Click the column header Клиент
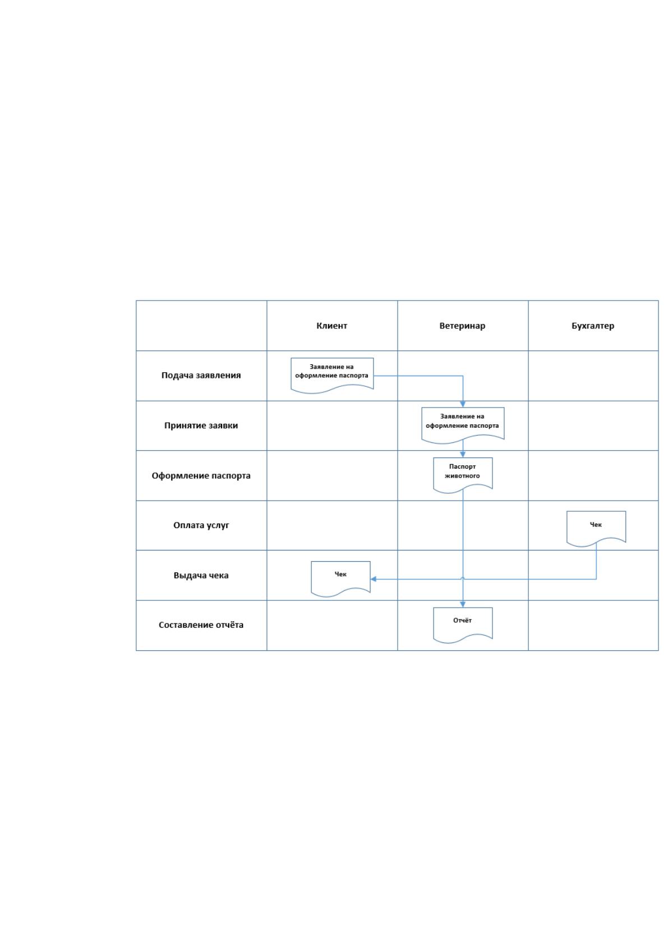coord(331,326)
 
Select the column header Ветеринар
coord(462,326)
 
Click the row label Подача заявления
coord(201,376)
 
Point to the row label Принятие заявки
coord(201,425)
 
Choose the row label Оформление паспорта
coord(201,476)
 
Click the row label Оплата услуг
coord(201,525)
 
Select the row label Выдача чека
coord(201,575)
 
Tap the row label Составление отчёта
coord(201,625)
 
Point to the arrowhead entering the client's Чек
coord(373,579)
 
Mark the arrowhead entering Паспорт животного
coord(463,455)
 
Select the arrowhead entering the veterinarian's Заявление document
coord(463,405)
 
